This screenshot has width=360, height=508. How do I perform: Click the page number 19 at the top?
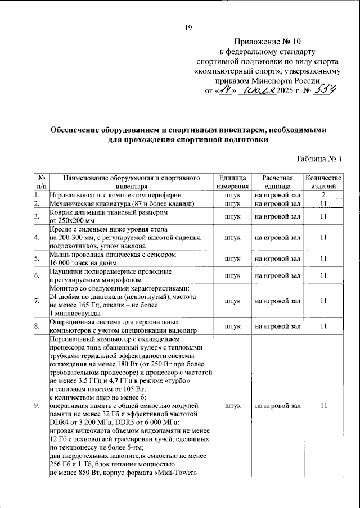click(x=188, y=28)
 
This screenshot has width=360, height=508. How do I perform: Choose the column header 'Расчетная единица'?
click(x=276, y=182)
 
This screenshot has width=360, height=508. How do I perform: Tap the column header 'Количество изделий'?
click(x=323, y=182)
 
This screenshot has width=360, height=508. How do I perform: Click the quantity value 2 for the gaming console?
click(x=323, y=194)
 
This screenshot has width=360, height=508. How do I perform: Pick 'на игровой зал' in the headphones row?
click(x=276, y=275)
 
